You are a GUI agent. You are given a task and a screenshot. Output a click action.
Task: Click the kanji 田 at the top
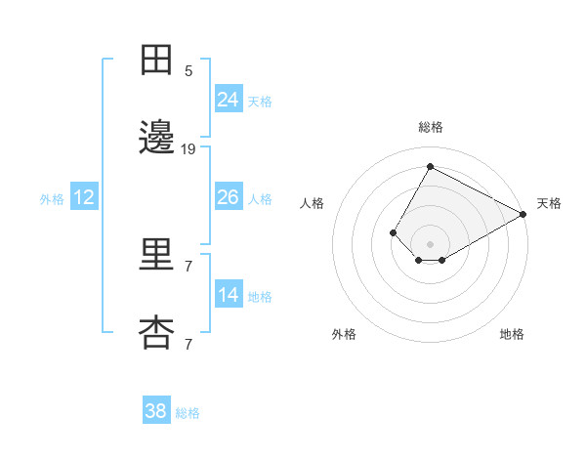pyautogui.click(x=156, y=61)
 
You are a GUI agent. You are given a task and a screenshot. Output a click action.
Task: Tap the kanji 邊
pyautogui.click(x=156, y=139)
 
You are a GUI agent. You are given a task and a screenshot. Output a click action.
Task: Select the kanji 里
pyautogui.click(x=156, y=256)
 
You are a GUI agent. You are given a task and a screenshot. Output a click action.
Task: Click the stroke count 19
pyautogui.click(x=188, y=148)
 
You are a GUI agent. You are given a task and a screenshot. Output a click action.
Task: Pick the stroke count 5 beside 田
pyautogui.click(x=188, y=70)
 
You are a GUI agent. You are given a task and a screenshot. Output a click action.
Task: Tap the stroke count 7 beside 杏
pyautogui.click(x=188, y=344)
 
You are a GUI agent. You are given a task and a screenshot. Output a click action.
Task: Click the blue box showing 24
pyautogui.click(x=228, y=100)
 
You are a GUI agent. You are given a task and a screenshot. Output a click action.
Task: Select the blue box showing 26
pyautogui.click(x=228, y=197)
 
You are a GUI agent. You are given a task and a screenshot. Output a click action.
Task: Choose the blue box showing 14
pyautogui.click(x=228, y=295)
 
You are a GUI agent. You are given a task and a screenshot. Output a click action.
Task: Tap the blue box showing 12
pyautogui.click(x=84, y=197)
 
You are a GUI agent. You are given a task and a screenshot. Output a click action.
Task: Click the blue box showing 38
pyautogui.click(x=156, y=411)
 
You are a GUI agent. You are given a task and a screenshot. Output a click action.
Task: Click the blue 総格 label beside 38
pyautogui.click(x=188, y=413)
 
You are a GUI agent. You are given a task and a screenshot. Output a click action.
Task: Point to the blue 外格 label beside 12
pyautogui.click(x=52, y=198)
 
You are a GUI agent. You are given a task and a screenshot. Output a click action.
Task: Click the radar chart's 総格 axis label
pyautogui.click(x=430, y=127)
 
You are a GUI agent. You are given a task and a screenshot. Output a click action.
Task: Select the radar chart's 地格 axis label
pyautogui.click(x=512, y=334)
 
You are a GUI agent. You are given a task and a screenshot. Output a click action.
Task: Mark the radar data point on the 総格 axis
pyautogui.click(x=430, y=167)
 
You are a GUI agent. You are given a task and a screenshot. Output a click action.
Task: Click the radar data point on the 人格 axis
pyautogui.click(x=393, y=232)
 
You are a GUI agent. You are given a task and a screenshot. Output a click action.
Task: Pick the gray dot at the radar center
pyautogui.click(x=430, y=244)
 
